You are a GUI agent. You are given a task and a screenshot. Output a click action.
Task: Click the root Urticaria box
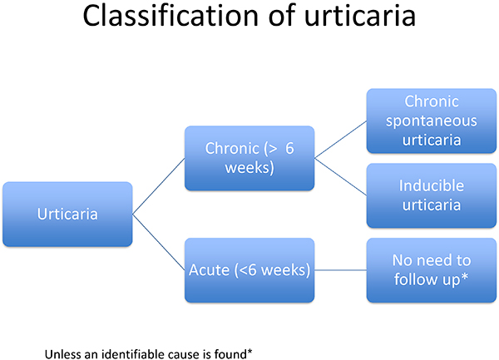[x=67, y=214]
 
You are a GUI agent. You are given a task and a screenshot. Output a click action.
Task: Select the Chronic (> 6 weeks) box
[x=249, y=158]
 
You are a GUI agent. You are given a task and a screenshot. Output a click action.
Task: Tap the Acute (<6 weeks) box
[x=249, y=270]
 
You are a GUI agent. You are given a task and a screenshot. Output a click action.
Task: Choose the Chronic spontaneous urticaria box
[x=432, y=121]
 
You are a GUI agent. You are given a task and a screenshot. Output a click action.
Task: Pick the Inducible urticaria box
[x=432, y=195]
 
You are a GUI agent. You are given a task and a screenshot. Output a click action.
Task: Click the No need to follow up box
[x=432, y=270]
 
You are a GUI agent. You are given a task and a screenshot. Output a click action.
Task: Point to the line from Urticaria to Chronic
[x=159, y=186]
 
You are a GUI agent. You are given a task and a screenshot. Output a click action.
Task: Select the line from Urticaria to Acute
[x=159, y=242]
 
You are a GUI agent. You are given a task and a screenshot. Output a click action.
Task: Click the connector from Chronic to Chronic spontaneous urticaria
[x=340, y=140]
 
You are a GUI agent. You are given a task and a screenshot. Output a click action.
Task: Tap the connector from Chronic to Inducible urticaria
[x=340, y=177]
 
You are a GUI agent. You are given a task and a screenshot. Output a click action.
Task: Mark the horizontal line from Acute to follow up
[x=340, y=270]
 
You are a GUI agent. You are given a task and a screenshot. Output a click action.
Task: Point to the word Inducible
[x=432, y=185]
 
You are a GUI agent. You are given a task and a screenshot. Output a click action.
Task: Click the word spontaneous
[x=432, y=121]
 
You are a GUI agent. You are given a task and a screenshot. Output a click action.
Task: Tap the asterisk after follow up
[x=465, y=277]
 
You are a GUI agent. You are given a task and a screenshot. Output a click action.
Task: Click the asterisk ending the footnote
[x=249, y=352]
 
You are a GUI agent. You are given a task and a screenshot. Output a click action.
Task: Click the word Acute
[x=209, y=270]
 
